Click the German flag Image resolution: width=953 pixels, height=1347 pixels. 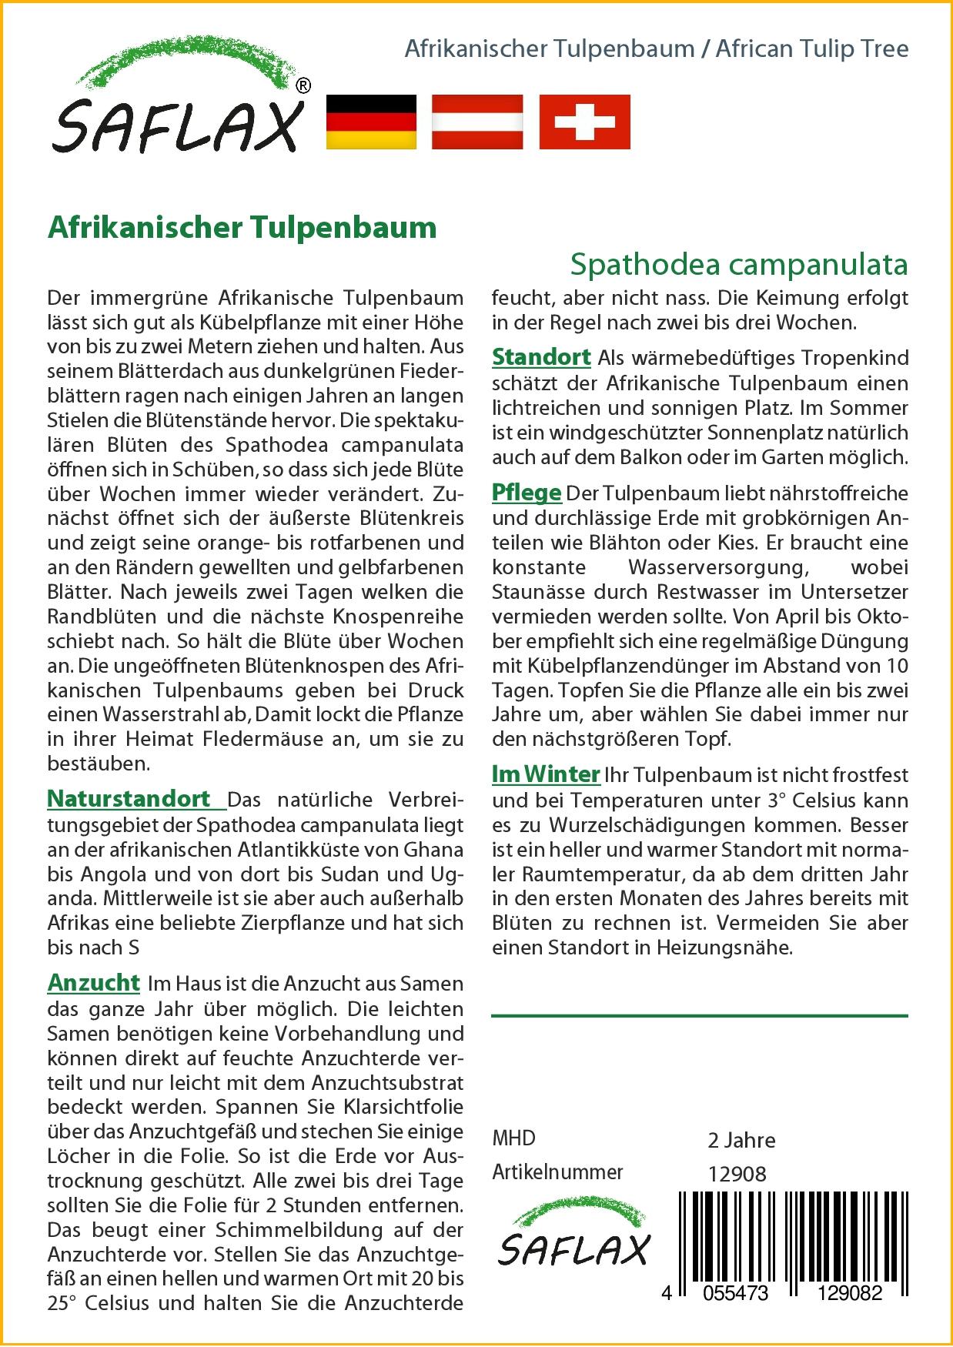pos(371,122)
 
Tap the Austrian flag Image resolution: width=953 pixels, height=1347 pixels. pos(477,122)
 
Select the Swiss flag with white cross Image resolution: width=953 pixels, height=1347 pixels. pos(584,122)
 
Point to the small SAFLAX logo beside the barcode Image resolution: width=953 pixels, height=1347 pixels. pos(573,1244)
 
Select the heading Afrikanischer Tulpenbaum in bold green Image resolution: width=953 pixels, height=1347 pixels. pos(242,228)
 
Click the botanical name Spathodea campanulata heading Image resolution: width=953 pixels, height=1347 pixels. pos(739,264)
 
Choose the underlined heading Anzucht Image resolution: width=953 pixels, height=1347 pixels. pos(94,983)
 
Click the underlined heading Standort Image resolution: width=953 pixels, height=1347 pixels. pos(541,357)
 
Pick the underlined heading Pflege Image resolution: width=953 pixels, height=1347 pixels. pos(527,493)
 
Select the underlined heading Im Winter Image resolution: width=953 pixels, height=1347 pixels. pos(546,774)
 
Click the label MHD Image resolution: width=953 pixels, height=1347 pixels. pos(513,1138)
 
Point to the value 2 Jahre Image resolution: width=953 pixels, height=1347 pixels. pos(741,1140)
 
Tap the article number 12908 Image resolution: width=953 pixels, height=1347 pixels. pos(737,1174)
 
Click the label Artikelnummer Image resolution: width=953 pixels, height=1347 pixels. pos(557,1172)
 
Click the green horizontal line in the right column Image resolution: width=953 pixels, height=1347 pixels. pos(699,1016)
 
